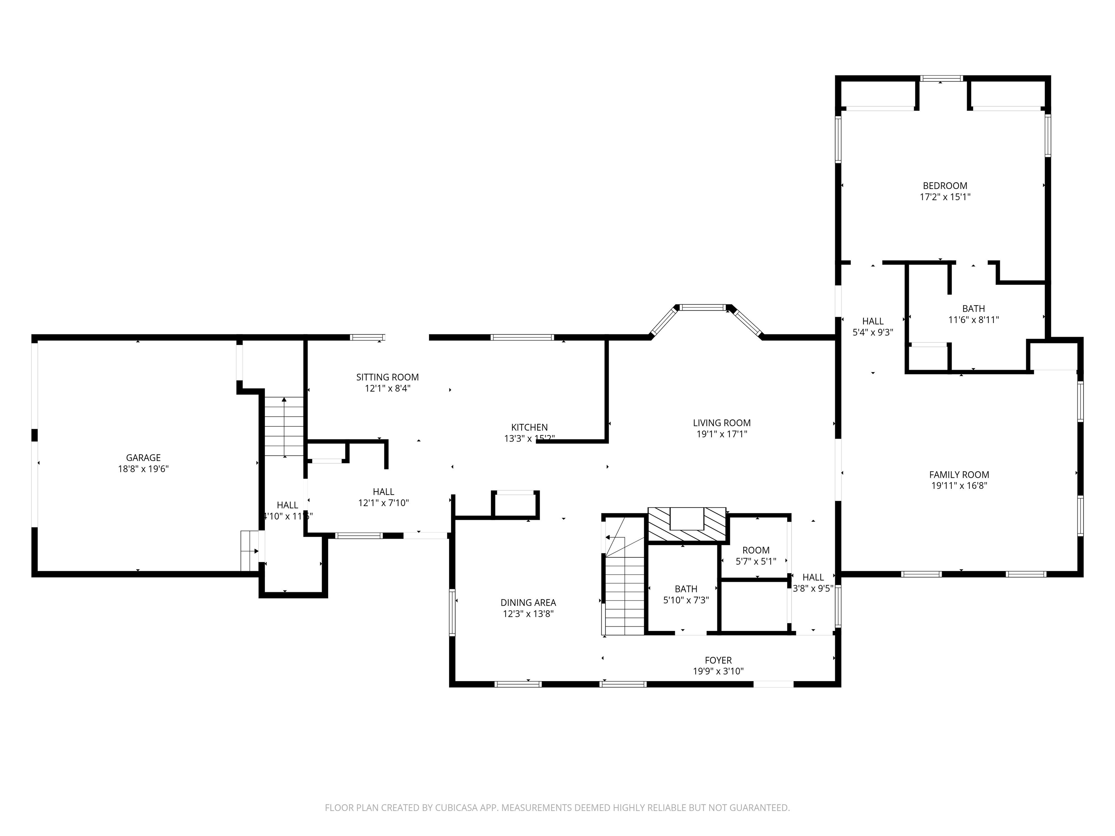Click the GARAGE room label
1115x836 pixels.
(143, 458)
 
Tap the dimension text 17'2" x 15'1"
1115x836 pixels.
(945, 197)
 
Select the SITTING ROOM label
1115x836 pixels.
(387, 377)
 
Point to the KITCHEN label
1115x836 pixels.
(529, 427)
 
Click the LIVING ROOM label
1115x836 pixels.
(721, 423)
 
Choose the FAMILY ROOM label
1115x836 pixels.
(959, 475)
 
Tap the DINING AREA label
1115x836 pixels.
(528, 602)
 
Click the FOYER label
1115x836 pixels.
(718, 660)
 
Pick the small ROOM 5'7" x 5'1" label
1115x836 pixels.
(756, 550)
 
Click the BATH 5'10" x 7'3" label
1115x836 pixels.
(686, 589)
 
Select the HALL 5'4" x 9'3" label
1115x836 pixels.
(873, 321)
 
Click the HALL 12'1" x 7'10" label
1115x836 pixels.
(383, 492)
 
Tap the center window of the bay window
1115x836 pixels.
(703, 307)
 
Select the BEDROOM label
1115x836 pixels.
(945, 185)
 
